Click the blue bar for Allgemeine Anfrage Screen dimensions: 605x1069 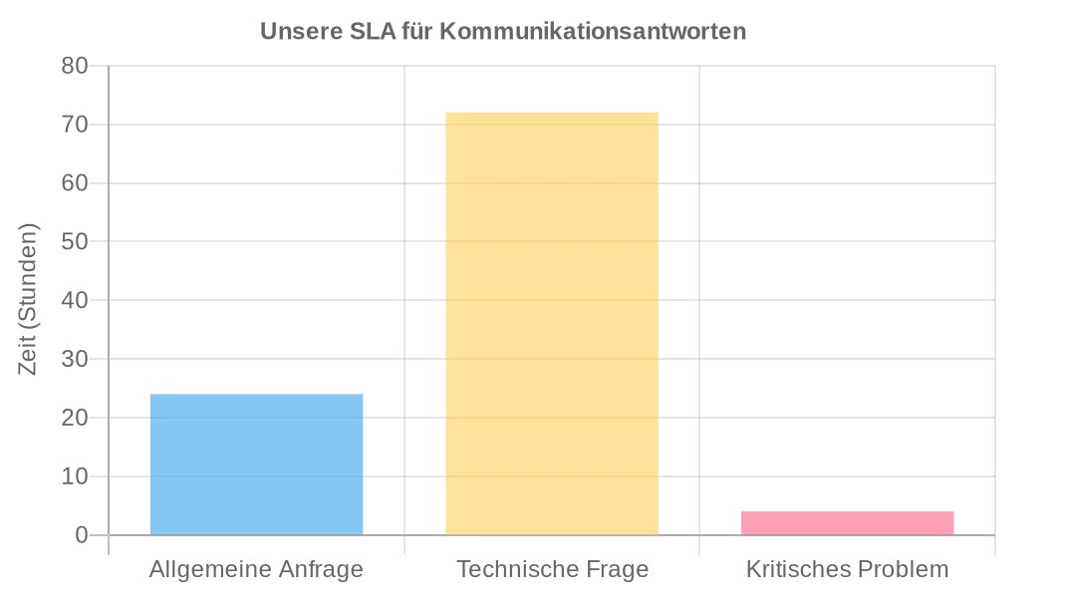256,464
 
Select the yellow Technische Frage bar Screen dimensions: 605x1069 552,324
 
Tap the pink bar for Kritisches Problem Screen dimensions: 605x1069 848,523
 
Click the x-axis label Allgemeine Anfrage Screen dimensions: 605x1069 256,570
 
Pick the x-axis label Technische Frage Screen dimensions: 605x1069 552,570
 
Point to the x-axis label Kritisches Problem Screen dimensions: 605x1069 848,570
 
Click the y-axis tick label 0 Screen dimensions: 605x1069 82,535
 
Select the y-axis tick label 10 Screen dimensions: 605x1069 76,476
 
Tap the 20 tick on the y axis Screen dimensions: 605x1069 76,418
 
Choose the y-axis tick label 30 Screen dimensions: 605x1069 76,359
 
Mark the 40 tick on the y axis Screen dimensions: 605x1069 76,300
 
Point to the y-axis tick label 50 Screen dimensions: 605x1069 76,241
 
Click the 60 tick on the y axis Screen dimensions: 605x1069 76,183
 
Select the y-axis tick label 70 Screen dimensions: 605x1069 76,125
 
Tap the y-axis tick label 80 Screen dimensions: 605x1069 76,66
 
